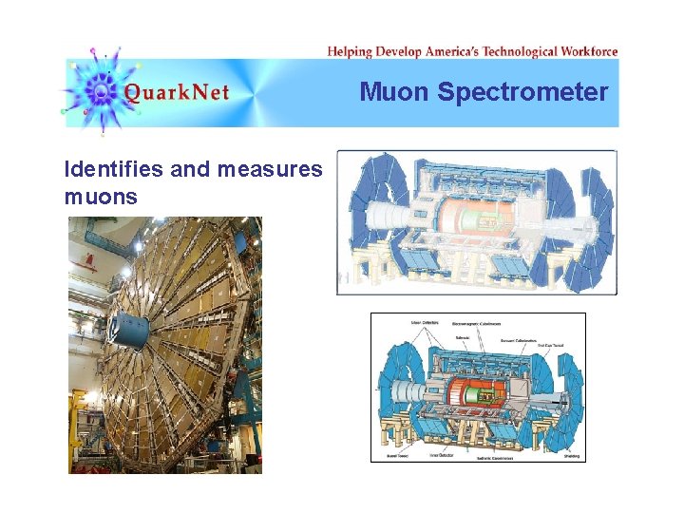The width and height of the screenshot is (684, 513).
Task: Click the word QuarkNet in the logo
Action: coord(176,93)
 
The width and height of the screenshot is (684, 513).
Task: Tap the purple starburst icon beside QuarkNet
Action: coord(101,91)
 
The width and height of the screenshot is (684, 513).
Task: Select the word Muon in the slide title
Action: coord(395,92)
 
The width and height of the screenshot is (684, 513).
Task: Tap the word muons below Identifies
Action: coord(101,198)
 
